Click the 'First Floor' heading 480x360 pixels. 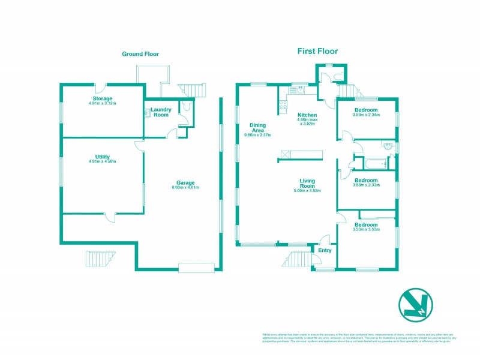[317, 51]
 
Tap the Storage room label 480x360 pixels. [103, 98]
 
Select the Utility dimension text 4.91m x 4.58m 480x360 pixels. [102, 161]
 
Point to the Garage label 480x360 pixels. [185, 182]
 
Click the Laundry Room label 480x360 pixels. [161, 112]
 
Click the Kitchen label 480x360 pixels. [307, 115]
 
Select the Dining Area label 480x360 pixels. [257, 128]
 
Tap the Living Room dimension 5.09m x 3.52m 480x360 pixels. [307, 191]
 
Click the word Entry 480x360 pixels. [325, 250]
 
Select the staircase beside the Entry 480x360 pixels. [296, 260]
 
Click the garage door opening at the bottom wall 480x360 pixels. [196, 268]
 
